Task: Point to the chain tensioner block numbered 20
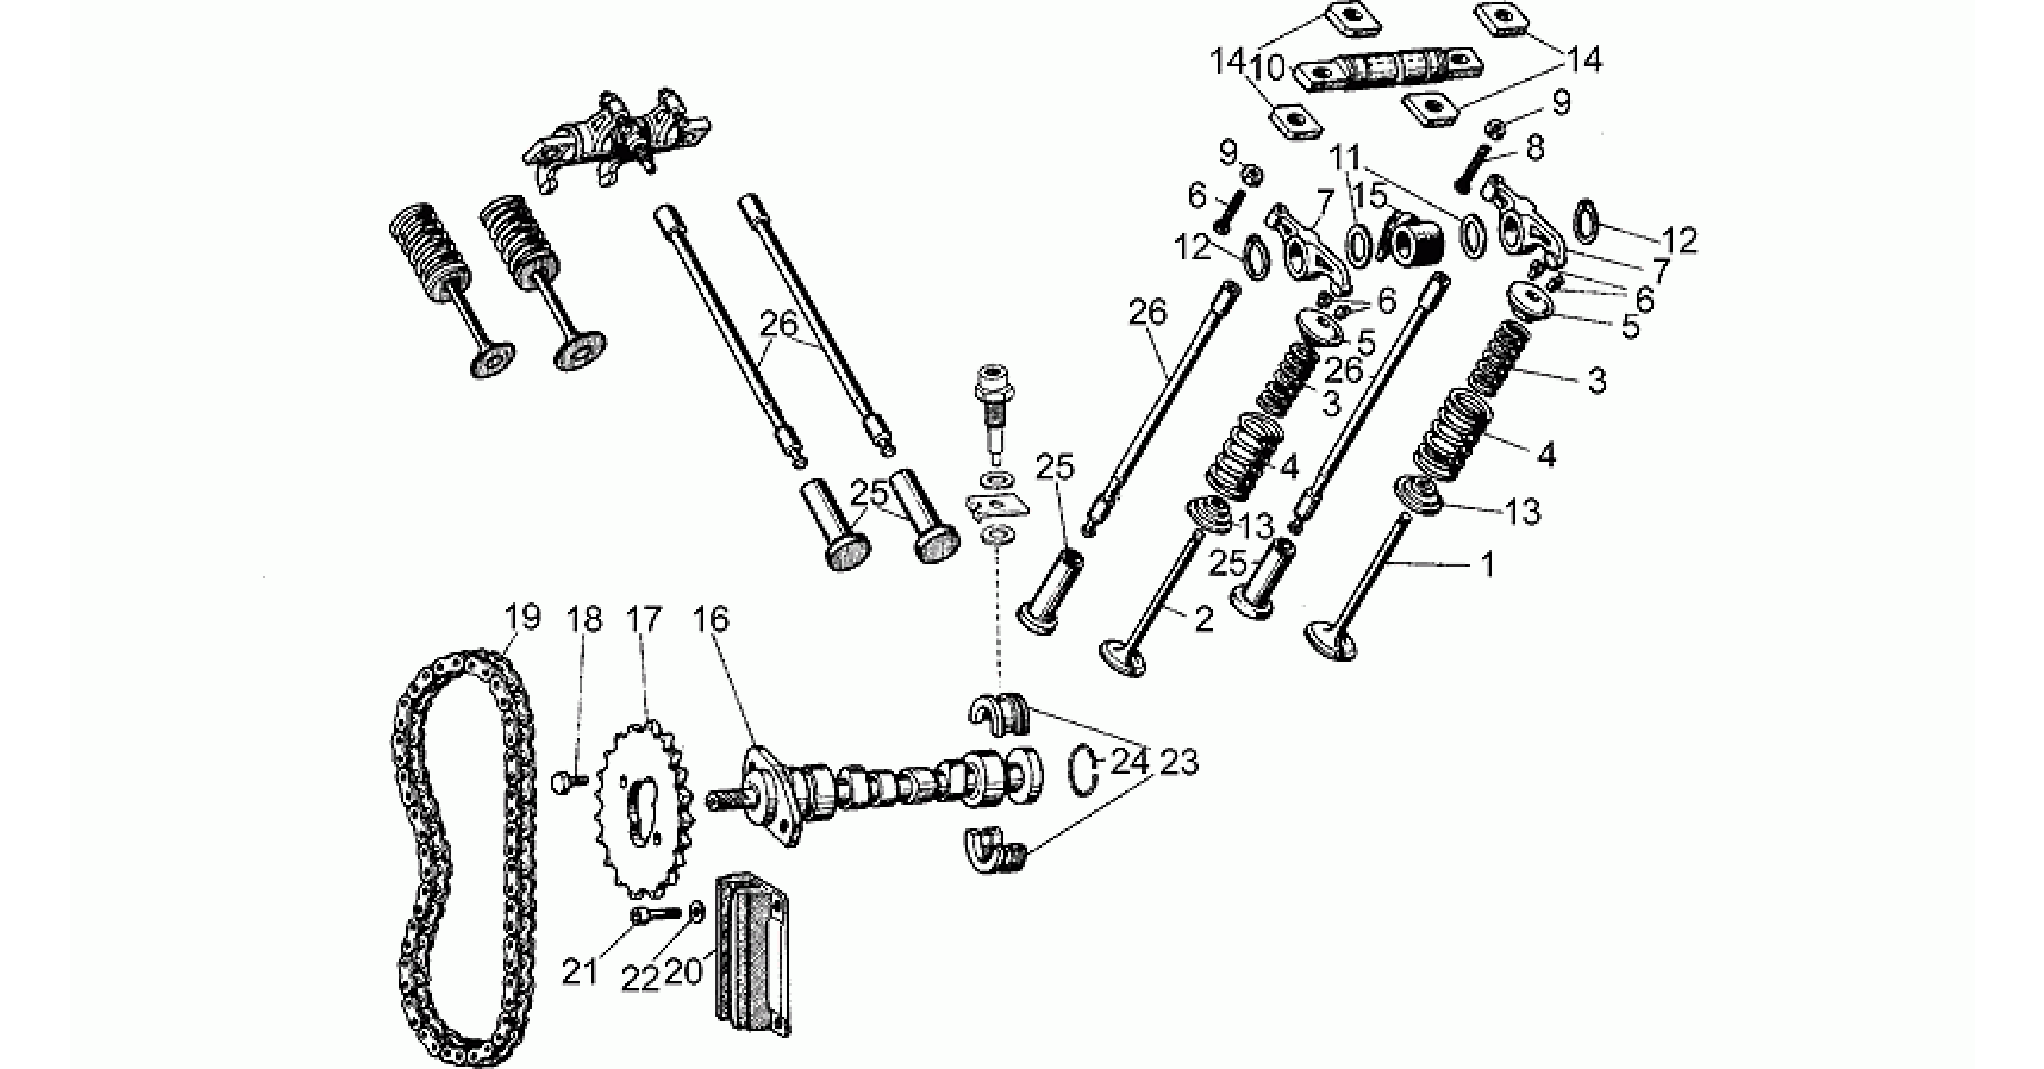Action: point(751,950)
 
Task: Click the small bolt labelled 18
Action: point(570,781)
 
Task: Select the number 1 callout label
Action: point(1487,566)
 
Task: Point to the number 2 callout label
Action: point(1204,619)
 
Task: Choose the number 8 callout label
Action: point(1533,148)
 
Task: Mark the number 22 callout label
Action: point(640,978)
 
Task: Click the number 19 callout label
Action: point(521,617)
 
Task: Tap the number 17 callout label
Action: point(644,620)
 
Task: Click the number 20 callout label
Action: point(685,972)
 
